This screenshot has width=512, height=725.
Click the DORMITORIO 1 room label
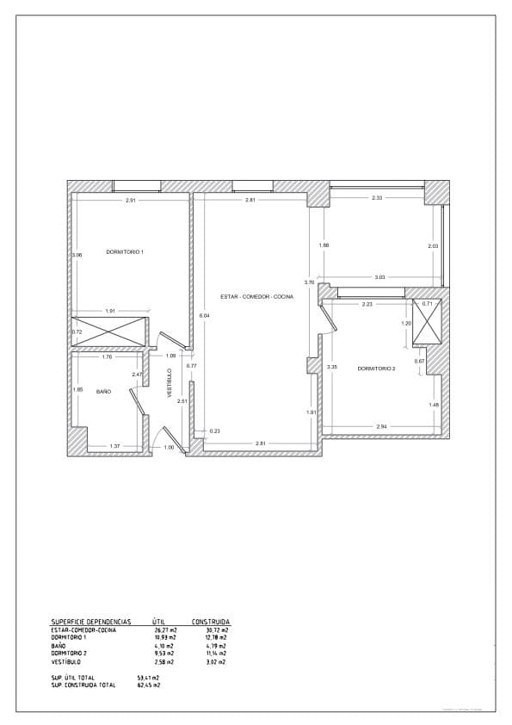pyautogui.click(x=125, y=251)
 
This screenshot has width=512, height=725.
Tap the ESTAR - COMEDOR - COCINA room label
pyautogui.click(x=256, y=296)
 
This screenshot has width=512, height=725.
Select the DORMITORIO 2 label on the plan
pyautogui.click(x=376, y=368)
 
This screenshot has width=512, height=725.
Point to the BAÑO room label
pyautogui.click(x=103, y=391)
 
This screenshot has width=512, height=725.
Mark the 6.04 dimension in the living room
pyautogui.click(x=204, y=315)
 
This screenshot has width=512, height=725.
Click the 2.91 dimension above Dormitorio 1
pyautogui.click(x=131, y=201)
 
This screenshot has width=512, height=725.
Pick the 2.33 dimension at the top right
pyautogui.click(x=377, y=198)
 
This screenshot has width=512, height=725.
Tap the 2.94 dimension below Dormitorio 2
pyautogui.click(x=381, y=427)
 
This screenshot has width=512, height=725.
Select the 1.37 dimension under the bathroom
pyautogui.click(x=114, y=446)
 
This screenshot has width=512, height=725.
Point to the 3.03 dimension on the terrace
pyautogui.click(x=379, y=276)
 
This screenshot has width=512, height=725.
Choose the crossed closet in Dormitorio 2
pyautogui.click(x=428, y=321)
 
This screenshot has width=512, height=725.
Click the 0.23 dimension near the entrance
pyautogui.click(x=215, y=431)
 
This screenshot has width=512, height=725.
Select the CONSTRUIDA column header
pyautogui.click(x=210, y=621)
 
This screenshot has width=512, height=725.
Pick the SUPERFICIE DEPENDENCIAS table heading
pyautogui.click(x=90, y=621)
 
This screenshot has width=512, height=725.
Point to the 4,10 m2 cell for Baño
pyautogui.click(x=163, y=645)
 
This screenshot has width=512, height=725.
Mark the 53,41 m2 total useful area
pyautogui.click(x=148, y=678)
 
